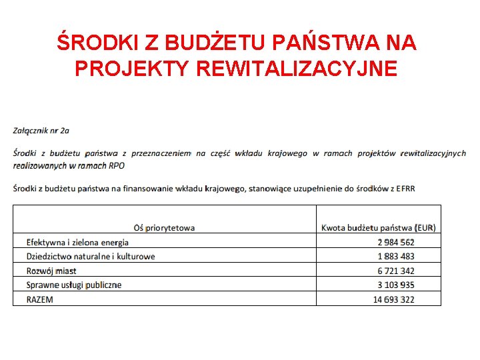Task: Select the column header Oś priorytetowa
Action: [x=164, y=227]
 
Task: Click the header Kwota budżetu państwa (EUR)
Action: [x=378, y=227]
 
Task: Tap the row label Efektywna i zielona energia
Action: [x=77, y=242]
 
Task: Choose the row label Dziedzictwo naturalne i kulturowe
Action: [x=91, y=256]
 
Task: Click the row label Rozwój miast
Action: [x=51, y=271]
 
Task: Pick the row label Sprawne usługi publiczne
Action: [x=74, y=285]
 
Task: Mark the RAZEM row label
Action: [x=40, y=299]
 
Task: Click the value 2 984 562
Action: [x=395, y=242]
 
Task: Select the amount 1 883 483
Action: [x=395, y=256]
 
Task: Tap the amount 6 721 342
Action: [x=395, y=271]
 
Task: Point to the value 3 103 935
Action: [x=395, y=285]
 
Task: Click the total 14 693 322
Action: [x=393, y=299]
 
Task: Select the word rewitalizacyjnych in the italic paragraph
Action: [x=433, y=153]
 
